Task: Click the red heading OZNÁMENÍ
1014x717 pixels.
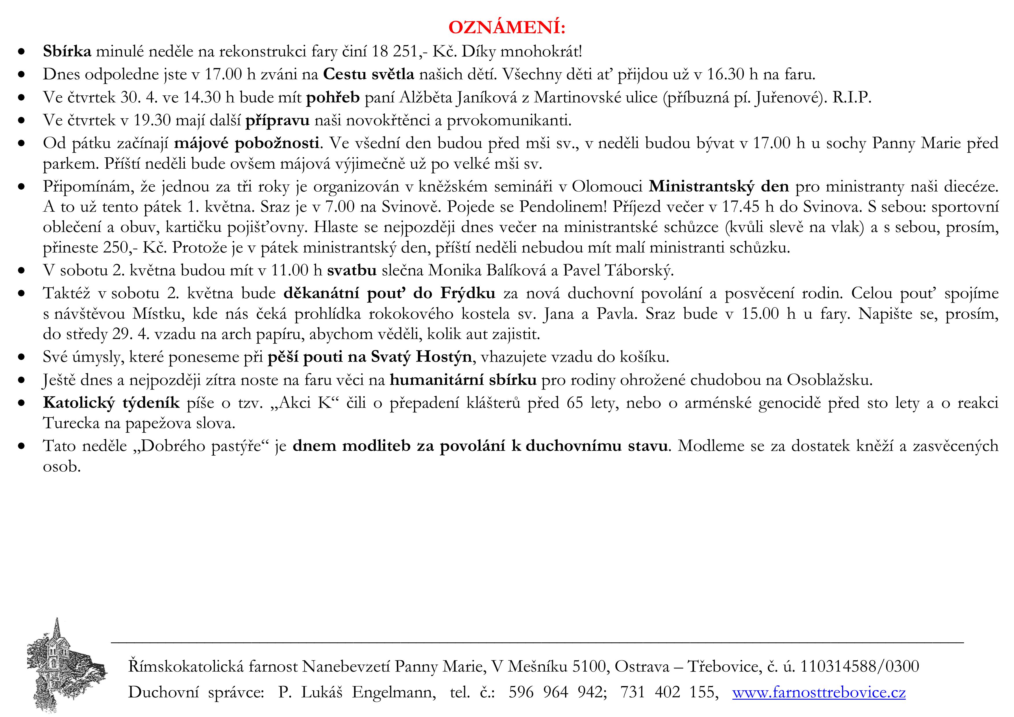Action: pyautogui.click(x=506, y=27)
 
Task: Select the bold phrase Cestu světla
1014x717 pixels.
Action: pyautogui.click(x=369, y=74)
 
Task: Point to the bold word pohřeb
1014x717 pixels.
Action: pyautogui.click(x=333, y=97)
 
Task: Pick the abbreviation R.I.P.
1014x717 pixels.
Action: pyautogui.click(x=852, y=97)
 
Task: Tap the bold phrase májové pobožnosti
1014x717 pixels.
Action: pyautogui.click(x=247, y=143)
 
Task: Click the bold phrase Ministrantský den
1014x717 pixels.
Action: pyautogui.click(x=719, y=187)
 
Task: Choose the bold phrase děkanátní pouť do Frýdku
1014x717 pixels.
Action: pyautogui.click(x=389, y=293)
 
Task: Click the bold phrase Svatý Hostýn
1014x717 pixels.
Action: pyautogui.click(x=421, y=357)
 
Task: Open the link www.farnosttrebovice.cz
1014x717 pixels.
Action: pyautogui.click(x=819, y=692)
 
